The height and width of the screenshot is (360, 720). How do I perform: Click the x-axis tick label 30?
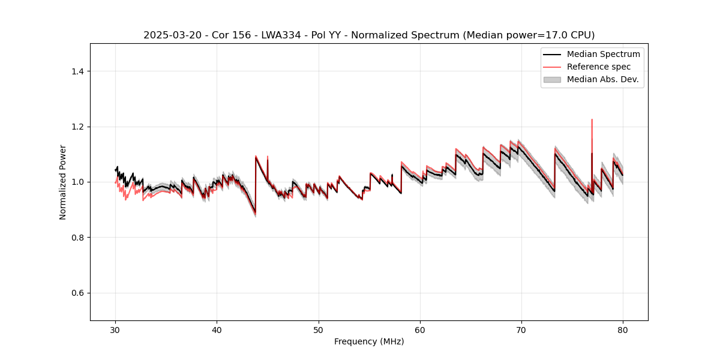[x=115, y=329]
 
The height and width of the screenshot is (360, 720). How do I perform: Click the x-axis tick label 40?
[x=217, y=329]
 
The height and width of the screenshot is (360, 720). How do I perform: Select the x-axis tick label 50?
[x=319, y=329]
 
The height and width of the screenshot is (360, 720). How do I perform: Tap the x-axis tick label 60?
[x=420, y=329]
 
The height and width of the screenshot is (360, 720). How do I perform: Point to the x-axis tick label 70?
[x=521, y=329]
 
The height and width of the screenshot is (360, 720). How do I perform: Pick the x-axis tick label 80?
[x=623, y=329]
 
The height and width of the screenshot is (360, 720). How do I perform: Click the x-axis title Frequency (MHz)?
[x=369, y=341]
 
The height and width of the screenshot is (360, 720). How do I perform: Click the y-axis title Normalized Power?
[x=63, y=182]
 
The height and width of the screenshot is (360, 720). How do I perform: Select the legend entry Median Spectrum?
[x=603, y=54]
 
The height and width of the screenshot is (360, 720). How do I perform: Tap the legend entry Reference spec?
[x=598, y=67]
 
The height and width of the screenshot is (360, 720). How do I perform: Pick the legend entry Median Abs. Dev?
[x=602, y=79]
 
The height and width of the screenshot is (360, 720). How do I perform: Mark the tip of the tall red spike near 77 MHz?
[x=592, y=119]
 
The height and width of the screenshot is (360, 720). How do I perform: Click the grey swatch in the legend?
[x=552, y=79]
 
